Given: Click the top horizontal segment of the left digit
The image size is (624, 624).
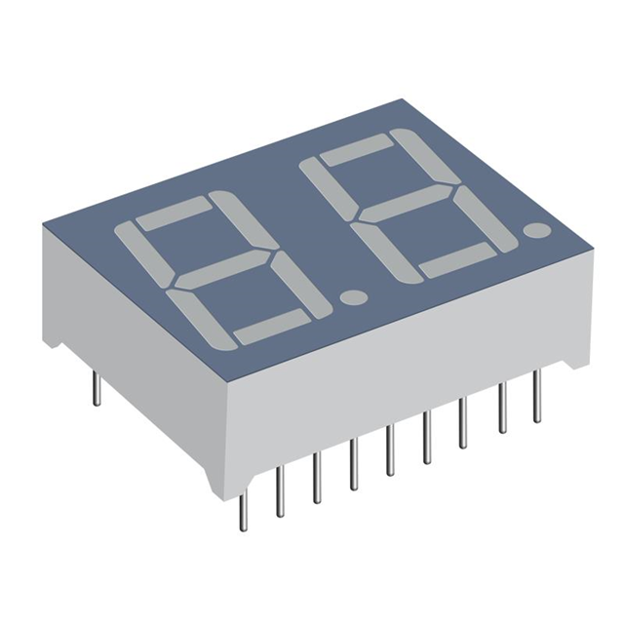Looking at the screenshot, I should (x=175, y=214).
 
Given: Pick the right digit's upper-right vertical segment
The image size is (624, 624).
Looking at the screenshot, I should (x=417, y=161).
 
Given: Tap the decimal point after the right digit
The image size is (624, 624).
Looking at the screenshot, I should (x=535, y=231).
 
